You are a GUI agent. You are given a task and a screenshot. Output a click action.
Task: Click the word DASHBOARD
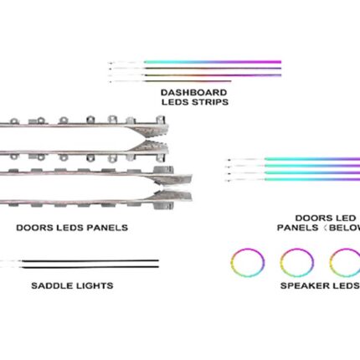193,92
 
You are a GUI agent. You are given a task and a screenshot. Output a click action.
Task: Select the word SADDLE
50,285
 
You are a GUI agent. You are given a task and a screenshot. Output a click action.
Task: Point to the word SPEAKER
301,285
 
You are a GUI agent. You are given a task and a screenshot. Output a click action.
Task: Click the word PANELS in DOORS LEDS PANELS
107,228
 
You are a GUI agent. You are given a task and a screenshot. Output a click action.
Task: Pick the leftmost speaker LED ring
248,263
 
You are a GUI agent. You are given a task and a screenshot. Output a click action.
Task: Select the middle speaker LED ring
297,263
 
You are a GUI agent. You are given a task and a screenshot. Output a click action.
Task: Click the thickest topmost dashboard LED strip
213,62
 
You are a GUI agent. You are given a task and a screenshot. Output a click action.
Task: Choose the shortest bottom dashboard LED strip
188,81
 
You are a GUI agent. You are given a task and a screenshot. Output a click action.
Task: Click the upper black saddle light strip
90,260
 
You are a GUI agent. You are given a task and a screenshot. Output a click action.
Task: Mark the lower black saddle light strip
90,267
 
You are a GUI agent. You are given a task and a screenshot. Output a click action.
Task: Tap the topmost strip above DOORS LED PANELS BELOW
312,159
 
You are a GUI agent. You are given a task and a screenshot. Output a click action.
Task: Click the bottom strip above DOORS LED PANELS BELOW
312,179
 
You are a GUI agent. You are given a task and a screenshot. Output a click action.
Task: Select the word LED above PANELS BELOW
347,218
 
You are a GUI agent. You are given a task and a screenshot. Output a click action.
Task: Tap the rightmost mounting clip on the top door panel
161,120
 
